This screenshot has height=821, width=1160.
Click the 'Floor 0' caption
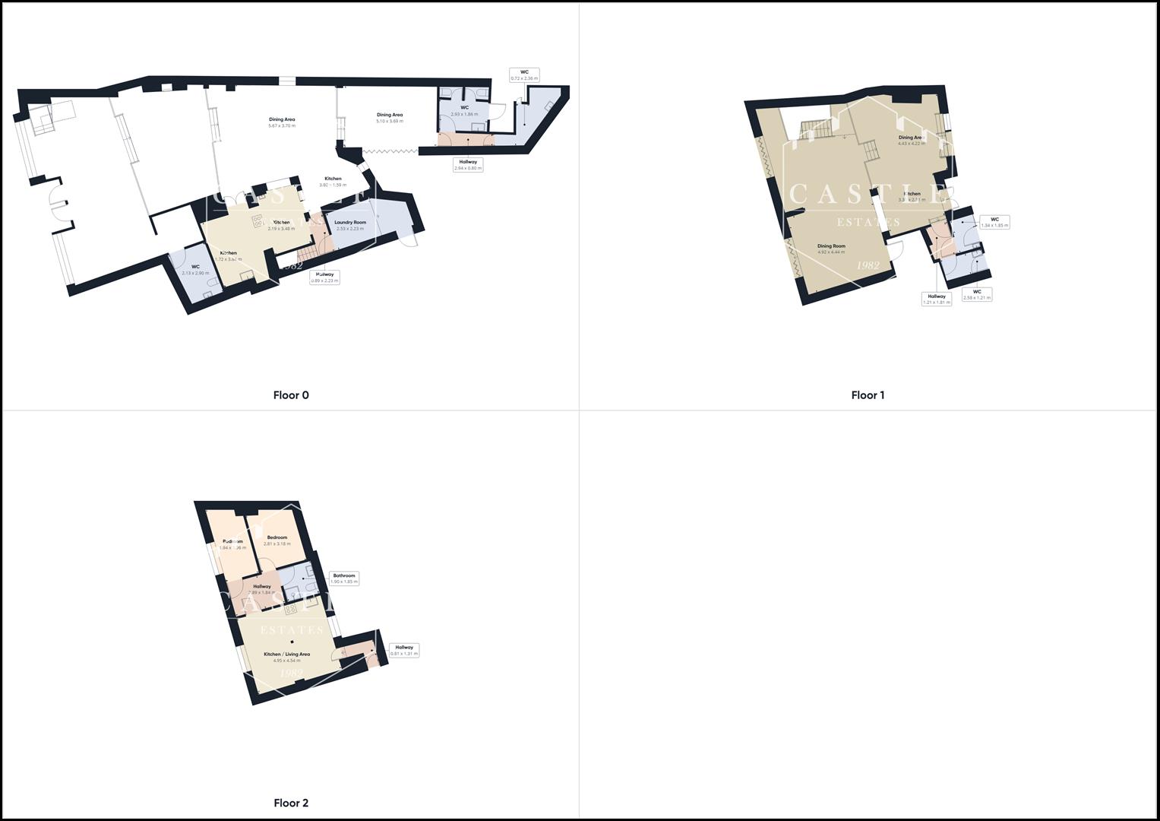291,395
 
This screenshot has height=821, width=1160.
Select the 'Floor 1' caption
868,395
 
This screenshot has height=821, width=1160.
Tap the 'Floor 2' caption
291,803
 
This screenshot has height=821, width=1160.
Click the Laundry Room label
350,225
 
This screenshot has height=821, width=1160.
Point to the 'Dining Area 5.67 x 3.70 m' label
282,122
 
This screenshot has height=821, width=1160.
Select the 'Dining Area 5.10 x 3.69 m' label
390,118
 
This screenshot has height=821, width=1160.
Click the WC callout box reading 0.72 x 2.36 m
524,75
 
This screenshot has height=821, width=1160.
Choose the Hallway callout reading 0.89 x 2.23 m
324,277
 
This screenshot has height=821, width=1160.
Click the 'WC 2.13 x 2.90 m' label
195,270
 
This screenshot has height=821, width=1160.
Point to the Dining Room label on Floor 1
831,249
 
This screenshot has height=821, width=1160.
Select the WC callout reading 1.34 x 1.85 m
994,222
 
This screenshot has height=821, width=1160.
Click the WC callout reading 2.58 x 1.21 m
977,294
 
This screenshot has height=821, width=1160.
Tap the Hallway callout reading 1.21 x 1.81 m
937,299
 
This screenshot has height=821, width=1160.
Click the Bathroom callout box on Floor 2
344,579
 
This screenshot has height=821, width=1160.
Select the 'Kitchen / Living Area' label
286,657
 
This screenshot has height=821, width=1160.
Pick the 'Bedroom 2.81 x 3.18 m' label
277,540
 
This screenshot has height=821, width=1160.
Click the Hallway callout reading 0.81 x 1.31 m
404,650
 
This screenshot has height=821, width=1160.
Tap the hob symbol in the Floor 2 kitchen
291,609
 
